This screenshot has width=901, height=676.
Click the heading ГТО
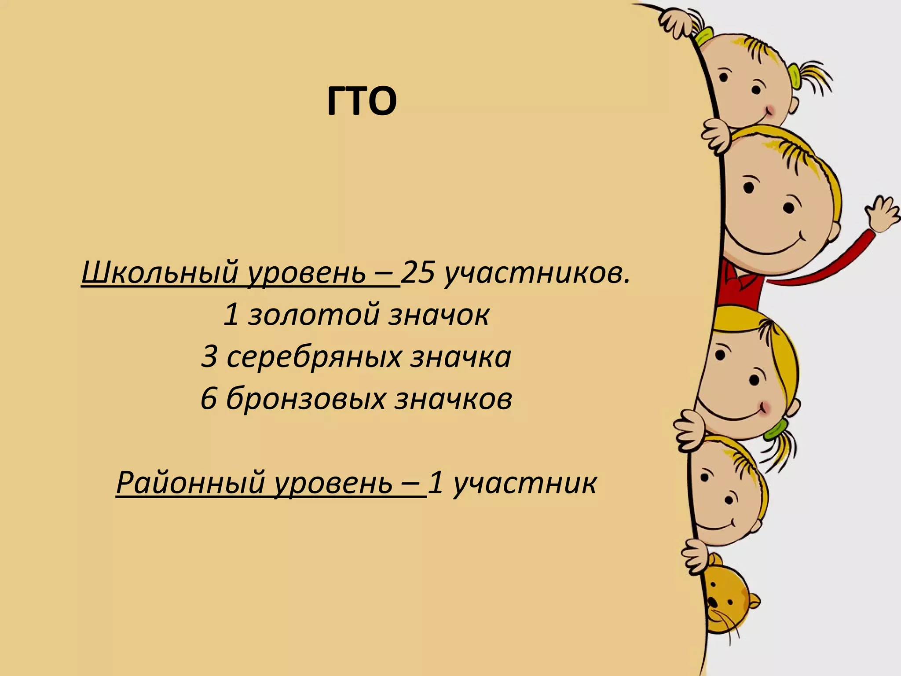click(x=362, y=102)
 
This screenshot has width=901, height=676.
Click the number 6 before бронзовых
click(x=209, y=399)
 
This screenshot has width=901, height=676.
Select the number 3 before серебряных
click(x=209, y=357)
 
